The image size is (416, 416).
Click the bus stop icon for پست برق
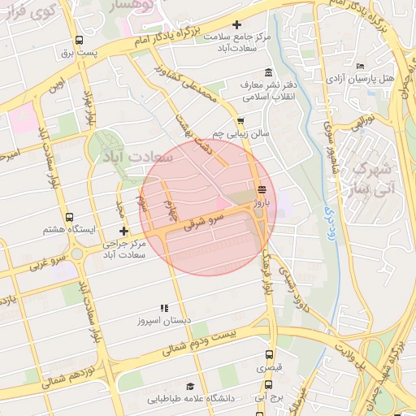click(x=79, y=41)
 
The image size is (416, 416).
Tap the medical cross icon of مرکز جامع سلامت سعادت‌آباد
click(x=236, y=26)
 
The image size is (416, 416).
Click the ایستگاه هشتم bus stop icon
click(x=69, y=218)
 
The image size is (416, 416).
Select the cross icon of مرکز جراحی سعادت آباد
click(x=123, y=232)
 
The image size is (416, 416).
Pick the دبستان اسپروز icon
click(x=164, y=308)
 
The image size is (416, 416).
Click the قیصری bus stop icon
click(x=270, y=355)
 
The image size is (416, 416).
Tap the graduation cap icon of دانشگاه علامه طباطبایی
click(x=190, y=387)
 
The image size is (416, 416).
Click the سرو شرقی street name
click(x=203, y=221)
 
